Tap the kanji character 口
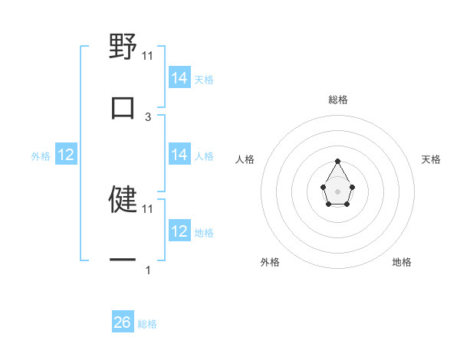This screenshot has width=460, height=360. pos(123,107)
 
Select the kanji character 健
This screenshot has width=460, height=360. pos(123,198)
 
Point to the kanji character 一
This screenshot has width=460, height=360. pos(123,260)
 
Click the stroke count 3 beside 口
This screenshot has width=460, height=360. pos(148,116)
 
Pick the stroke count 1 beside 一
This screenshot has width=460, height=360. pos(148,270)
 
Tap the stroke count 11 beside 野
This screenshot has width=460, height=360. pos(148,55)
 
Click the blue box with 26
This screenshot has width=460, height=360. pos(123,322)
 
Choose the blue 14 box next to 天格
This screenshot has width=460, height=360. pos(179,78)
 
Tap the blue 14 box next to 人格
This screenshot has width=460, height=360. pos(179,155)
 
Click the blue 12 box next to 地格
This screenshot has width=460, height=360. pos(179,231)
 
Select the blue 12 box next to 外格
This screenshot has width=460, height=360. pos(66,155)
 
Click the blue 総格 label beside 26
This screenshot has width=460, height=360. pos(147,324)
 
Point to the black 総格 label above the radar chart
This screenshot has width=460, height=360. pos(338,100)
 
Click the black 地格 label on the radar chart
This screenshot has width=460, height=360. pos(402,262)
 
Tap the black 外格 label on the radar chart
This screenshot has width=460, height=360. pos(270,262)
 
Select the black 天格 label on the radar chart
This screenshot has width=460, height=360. pos(431,159)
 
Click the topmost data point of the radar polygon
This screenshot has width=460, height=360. pos(337,161)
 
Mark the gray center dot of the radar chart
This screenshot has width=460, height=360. pos(337,191)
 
